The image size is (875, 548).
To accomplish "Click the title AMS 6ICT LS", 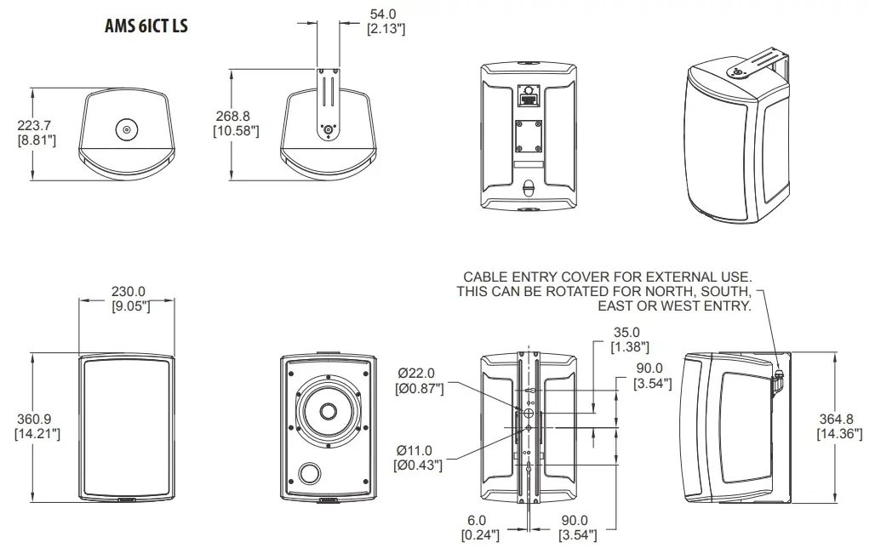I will coord(145,26).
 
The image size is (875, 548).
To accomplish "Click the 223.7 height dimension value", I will coord(36,126).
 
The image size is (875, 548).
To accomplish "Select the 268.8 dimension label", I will coord(236,117).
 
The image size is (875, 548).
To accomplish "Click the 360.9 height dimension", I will coord(36,420).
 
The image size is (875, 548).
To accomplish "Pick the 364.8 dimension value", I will coord(838,420).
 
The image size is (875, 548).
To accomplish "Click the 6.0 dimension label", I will coord(476,520).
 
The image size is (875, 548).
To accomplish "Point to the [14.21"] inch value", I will coord(36,433).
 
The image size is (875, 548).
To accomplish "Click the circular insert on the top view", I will coord(126,130).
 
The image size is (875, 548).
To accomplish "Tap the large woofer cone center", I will coord(328,412).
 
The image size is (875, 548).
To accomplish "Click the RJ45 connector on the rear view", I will coord(527,96).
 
